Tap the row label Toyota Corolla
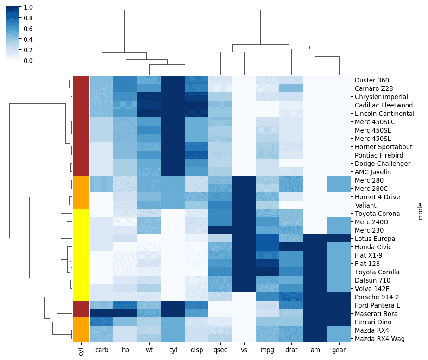(377, 272)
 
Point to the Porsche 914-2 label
(377, 297)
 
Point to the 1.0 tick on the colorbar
(28, 8)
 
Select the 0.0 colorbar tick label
(28, 61)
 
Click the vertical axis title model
(421, 209)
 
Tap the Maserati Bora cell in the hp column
(125, 314)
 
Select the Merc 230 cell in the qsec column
(220, 230)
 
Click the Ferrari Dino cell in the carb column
(101, 322)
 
